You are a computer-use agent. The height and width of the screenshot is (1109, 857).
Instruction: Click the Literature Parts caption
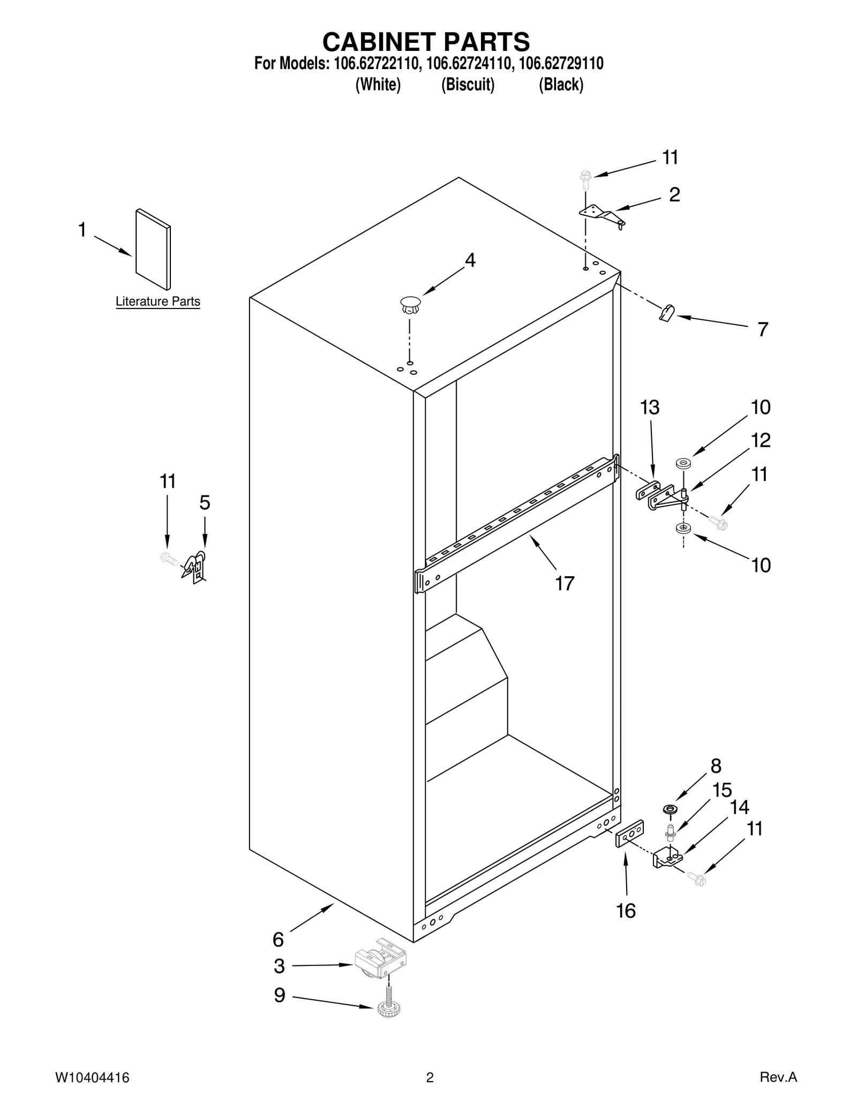tap(158, 301)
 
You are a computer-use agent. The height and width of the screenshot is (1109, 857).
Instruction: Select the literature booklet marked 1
tap(153, 249)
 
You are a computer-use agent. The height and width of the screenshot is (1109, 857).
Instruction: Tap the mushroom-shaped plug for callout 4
tap(410, 305)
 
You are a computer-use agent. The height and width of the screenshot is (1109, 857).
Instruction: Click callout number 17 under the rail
tap(565, 583)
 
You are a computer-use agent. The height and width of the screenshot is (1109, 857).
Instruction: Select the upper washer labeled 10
tap(683, 463)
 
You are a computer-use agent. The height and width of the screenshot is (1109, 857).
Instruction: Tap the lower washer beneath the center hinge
tap(683, 529)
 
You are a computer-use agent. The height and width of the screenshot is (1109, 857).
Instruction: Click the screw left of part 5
tap(168, 559)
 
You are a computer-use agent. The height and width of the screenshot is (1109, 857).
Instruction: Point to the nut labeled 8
tap(669, 809)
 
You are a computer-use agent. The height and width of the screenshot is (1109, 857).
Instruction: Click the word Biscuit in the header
tap(468, 85)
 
